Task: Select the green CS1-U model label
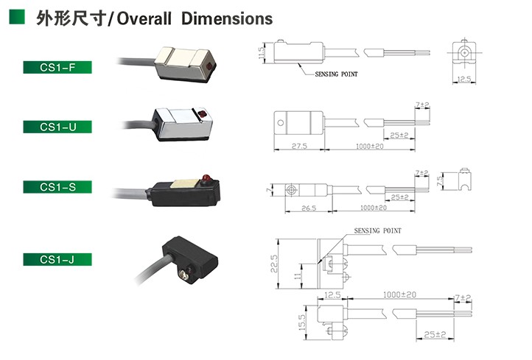coord(57,127)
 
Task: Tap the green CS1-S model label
coord(57,187)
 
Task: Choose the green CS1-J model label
coord(57,259)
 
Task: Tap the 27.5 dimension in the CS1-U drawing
coord(298,147)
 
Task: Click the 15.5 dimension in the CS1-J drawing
coord(301,322)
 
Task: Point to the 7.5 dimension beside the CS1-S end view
coord(441,180)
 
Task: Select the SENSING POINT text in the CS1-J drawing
coord(377,230)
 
